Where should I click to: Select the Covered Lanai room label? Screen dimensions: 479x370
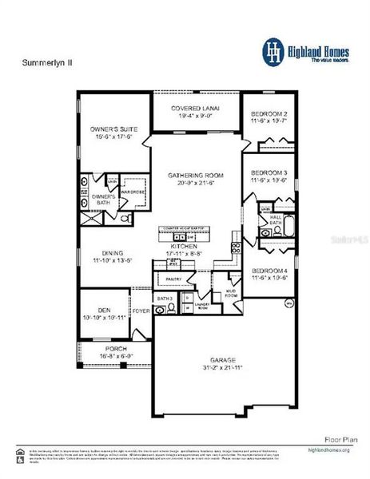196,108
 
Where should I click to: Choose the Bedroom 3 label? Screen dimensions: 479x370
269,173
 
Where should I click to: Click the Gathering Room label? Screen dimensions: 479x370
195,175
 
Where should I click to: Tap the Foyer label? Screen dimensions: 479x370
141,311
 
